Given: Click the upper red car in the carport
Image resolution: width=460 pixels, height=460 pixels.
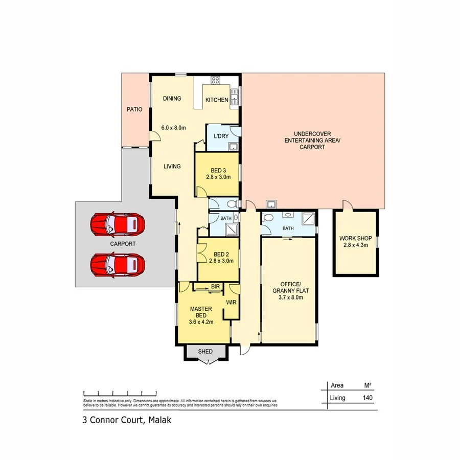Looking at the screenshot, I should [x=118, y=223].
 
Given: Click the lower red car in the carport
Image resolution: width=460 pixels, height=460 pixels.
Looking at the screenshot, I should [x=118, y=265].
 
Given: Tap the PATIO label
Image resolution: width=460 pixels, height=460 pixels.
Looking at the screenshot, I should [x=134, y=109].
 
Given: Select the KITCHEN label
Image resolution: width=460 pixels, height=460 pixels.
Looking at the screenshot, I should [x=217, y=100].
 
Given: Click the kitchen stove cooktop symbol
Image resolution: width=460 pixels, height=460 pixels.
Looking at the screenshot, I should [x=215, y=80].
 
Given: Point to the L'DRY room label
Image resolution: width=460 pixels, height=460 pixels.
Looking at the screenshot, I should [x=221, y=136].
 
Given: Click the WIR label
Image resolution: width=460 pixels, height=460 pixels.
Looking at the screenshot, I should [x=231, y=302].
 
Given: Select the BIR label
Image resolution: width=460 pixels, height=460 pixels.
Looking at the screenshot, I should [x=215, y=287].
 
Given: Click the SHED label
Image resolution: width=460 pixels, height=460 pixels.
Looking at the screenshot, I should [x=205, y=352].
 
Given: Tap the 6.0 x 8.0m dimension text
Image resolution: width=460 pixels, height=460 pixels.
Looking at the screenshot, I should [x=173, y=128].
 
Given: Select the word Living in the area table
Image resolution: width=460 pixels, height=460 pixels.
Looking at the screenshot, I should [x=338, y=398].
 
